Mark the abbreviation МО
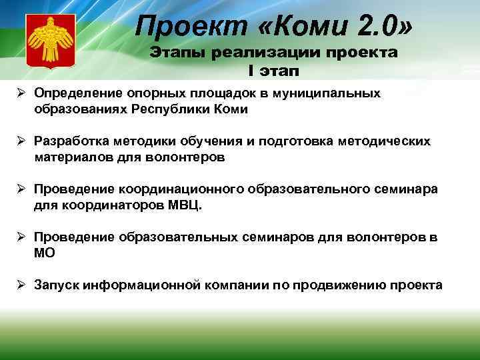coord(45,253)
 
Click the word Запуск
coord(56,285)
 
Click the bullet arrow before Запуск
coord(22,285)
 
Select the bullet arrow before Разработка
coord(22,141)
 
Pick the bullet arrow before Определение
coord(22,93)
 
